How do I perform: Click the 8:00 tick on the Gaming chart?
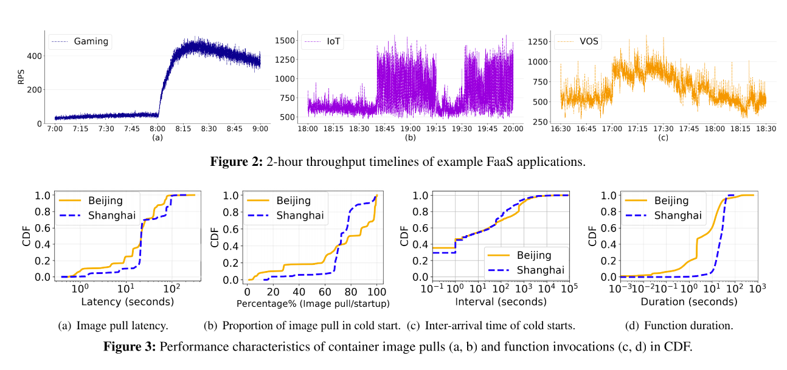tap(158, 129)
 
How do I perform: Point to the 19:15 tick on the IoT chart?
tap(435, 129)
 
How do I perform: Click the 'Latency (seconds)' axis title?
tap(127, 301)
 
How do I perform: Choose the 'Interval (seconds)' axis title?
tap(500, 301)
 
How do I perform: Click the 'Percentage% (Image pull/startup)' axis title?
tap(313, 302)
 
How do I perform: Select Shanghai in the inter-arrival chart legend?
tap(541, 270)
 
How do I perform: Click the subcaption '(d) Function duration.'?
tap(679, 326)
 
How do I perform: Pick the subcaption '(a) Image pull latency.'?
tap(113, 326)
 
